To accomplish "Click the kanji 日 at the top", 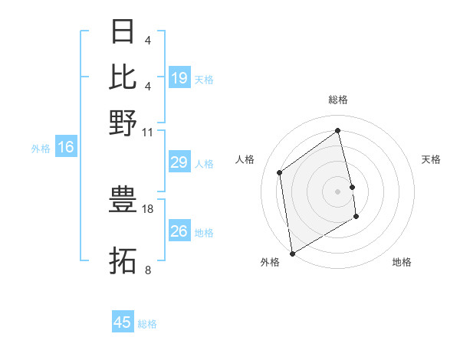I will (x=123, y=31).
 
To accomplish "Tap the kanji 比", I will (x=123, y=77).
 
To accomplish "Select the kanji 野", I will (x=123, y=122).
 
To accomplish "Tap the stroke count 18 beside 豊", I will (x=148, y=208).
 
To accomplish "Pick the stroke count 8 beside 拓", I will (x=148, y=270).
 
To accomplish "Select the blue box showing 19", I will (x=179, y=78).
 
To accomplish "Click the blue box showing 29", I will (x=179, y=162).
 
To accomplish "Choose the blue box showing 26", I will (x=179, y=231).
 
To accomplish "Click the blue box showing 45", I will (x=123, y=322).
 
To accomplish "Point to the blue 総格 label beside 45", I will (x=147, y=324).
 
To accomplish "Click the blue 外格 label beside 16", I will (x=41, y=149).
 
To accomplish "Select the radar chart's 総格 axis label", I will (x=338, y=100).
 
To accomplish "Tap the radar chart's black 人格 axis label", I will (x=245, y=159).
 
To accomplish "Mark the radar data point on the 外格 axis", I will (x=292, y=253).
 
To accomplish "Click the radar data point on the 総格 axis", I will (x=338, y=131).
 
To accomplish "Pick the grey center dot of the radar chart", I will (x=338, y=191).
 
